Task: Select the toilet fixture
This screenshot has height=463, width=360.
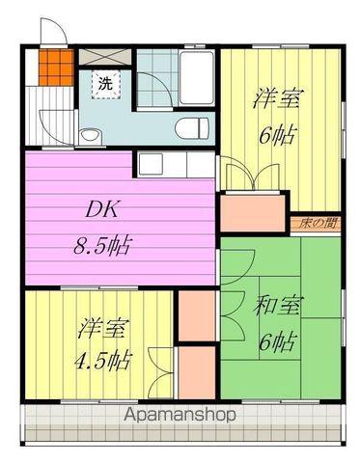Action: point(192,127)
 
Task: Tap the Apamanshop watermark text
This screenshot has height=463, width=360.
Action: point(180,416)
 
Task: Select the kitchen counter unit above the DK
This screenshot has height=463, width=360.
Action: point(175,162)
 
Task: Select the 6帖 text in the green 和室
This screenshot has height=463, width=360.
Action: point(278,340)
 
